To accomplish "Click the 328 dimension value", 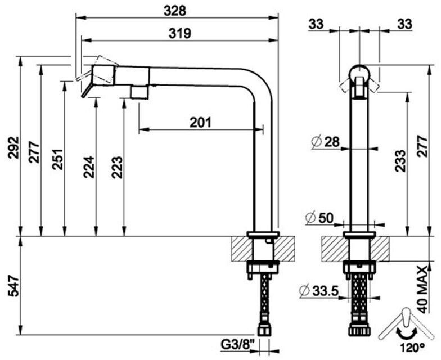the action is point(175,11).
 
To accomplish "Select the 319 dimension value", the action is point(180,34).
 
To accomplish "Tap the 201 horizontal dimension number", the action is point(200,123).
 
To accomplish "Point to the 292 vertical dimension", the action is point(13,147).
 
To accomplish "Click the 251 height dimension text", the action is point(57,159).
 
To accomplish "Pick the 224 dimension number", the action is point(89,167).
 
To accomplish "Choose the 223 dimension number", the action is point(117,167).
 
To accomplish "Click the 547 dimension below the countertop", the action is point(13,286).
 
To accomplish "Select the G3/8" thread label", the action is point(238,344).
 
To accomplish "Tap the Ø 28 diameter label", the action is point(326,142).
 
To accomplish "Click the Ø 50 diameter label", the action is point(319,218).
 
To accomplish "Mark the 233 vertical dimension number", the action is point(400,161).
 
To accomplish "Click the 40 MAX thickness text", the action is point(422,290).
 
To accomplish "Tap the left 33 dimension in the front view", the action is point(316,24).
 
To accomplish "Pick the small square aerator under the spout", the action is point(139,92).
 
